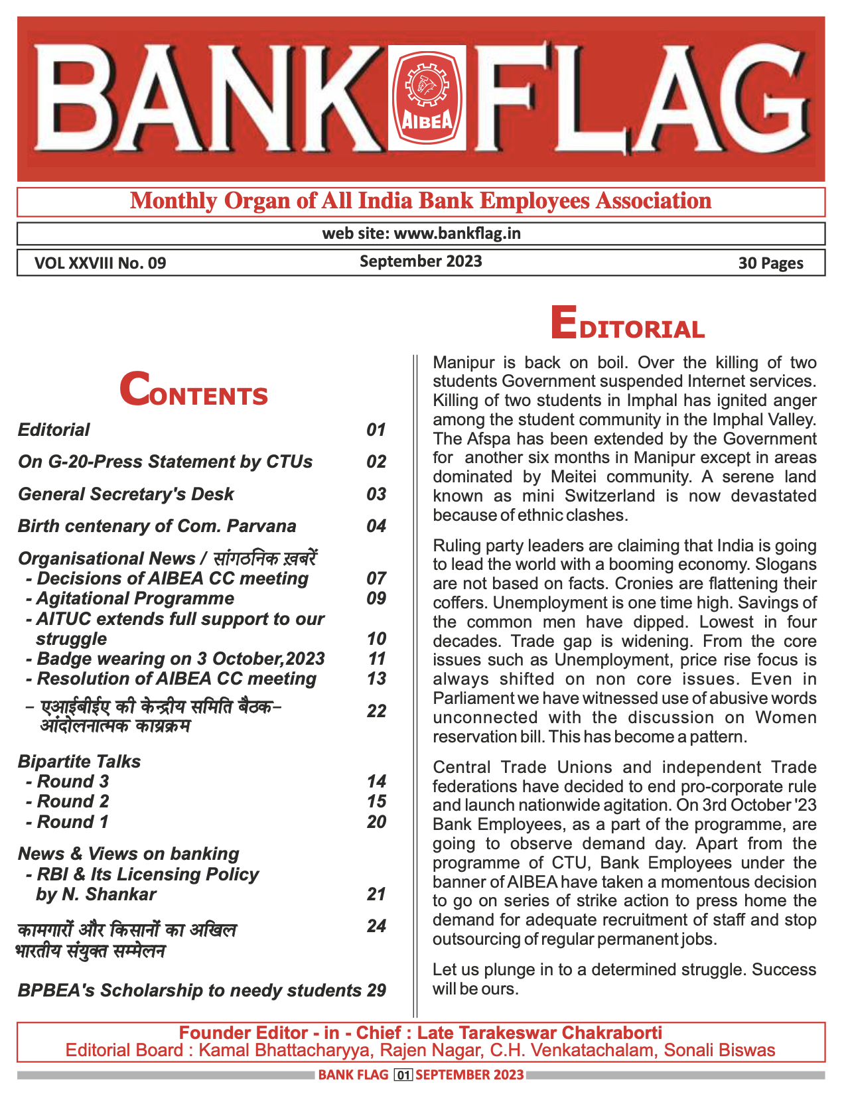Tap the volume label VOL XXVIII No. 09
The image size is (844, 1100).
pos(100,263)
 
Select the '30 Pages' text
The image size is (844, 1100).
pos(770,263)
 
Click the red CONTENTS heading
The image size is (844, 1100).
pos(194,391)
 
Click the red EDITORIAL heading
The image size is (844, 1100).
pos(627,325)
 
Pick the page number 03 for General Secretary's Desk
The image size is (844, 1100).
pos(376,494)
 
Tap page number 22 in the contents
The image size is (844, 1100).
pos(376,711)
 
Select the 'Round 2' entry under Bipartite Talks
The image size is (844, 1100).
pos(72,801)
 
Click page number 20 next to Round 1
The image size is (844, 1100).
pos(376,822)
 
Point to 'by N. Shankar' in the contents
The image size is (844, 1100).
pos(96,894)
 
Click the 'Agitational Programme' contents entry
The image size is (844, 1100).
pos(135,598)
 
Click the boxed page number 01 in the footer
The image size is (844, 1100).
pos(403,1075)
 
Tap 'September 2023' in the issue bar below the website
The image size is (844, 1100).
pos(421,261)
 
